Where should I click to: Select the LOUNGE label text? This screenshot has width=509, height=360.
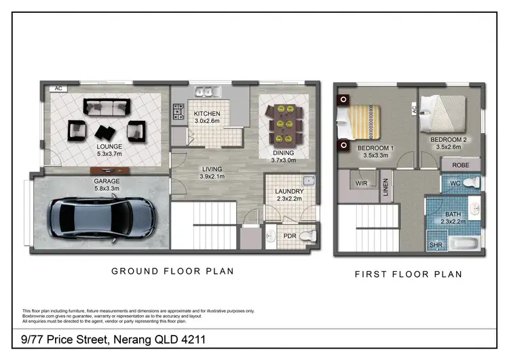click(109, 146)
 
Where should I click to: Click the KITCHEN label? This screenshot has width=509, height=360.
click(207, 113)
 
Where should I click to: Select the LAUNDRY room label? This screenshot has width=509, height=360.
click(290, 192)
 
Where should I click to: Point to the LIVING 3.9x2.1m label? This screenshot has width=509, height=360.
click(212, 173)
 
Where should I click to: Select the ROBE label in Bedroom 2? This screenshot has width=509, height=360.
click(461, 165)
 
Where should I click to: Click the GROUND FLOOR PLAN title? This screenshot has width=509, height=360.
click(172, 271)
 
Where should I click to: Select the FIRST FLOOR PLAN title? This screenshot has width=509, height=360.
click(409, 274)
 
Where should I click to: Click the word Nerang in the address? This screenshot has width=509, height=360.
click(130, 338)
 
